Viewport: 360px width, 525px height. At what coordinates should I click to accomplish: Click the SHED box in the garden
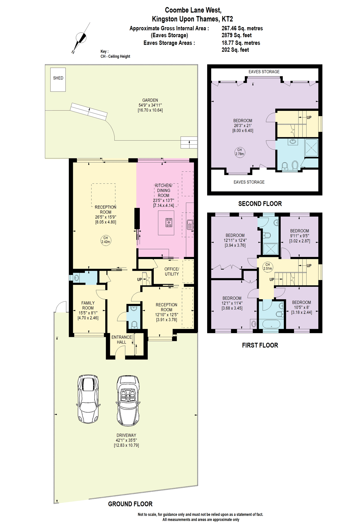point(58,79)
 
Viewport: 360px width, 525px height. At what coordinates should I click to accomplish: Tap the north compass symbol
point(81,38)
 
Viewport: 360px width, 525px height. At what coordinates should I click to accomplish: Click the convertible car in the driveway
point(128,401)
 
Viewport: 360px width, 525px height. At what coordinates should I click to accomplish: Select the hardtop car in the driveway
point(88,399)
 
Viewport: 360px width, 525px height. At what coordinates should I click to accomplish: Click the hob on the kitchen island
point(169,223)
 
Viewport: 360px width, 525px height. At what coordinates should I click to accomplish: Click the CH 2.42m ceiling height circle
point(106,240)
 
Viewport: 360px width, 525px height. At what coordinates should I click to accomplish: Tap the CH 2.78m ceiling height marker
point(240,152)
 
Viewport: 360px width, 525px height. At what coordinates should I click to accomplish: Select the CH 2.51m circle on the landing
point(268,267)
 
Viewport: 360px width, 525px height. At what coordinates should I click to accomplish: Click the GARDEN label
point(150,100)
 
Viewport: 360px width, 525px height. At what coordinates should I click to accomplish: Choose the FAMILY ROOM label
point(88,305)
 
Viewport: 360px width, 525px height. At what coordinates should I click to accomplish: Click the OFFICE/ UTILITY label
point(172,272)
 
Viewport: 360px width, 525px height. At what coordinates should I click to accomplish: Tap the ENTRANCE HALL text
point(122,339)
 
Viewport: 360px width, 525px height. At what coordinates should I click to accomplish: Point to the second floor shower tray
point(311,148)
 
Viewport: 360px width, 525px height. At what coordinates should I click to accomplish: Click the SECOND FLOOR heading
point(260,204)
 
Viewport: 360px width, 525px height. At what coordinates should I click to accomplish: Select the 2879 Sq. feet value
point(237,35)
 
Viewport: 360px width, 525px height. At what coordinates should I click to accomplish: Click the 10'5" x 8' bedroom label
point(301,307)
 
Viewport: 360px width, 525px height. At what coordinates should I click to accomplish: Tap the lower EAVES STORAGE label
point(249,182)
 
